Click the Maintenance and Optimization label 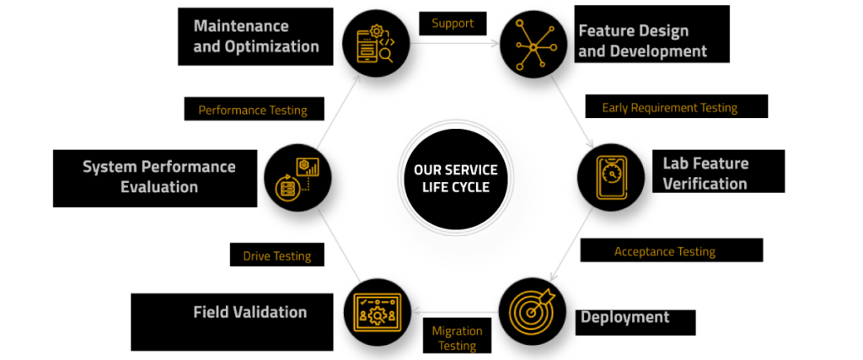click(255, 36)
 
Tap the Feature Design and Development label click(651, 34)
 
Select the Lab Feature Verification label click(718, 171)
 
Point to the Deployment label click(635, 323)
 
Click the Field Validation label click(232, 322)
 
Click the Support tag click(453, 23)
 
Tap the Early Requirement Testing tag click(677, 106)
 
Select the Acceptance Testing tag click(672, 250)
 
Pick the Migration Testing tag click(457, 337)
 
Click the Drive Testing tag click(276, 255)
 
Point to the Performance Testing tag click(254, 109)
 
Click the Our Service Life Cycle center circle click(456, 178)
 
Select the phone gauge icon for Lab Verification click(611, 177)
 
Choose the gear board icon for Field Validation click(378, 313)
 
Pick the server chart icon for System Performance click(297, 178)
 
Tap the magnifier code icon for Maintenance click(377, 44)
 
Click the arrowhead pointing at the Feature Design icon click(495, 43)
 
